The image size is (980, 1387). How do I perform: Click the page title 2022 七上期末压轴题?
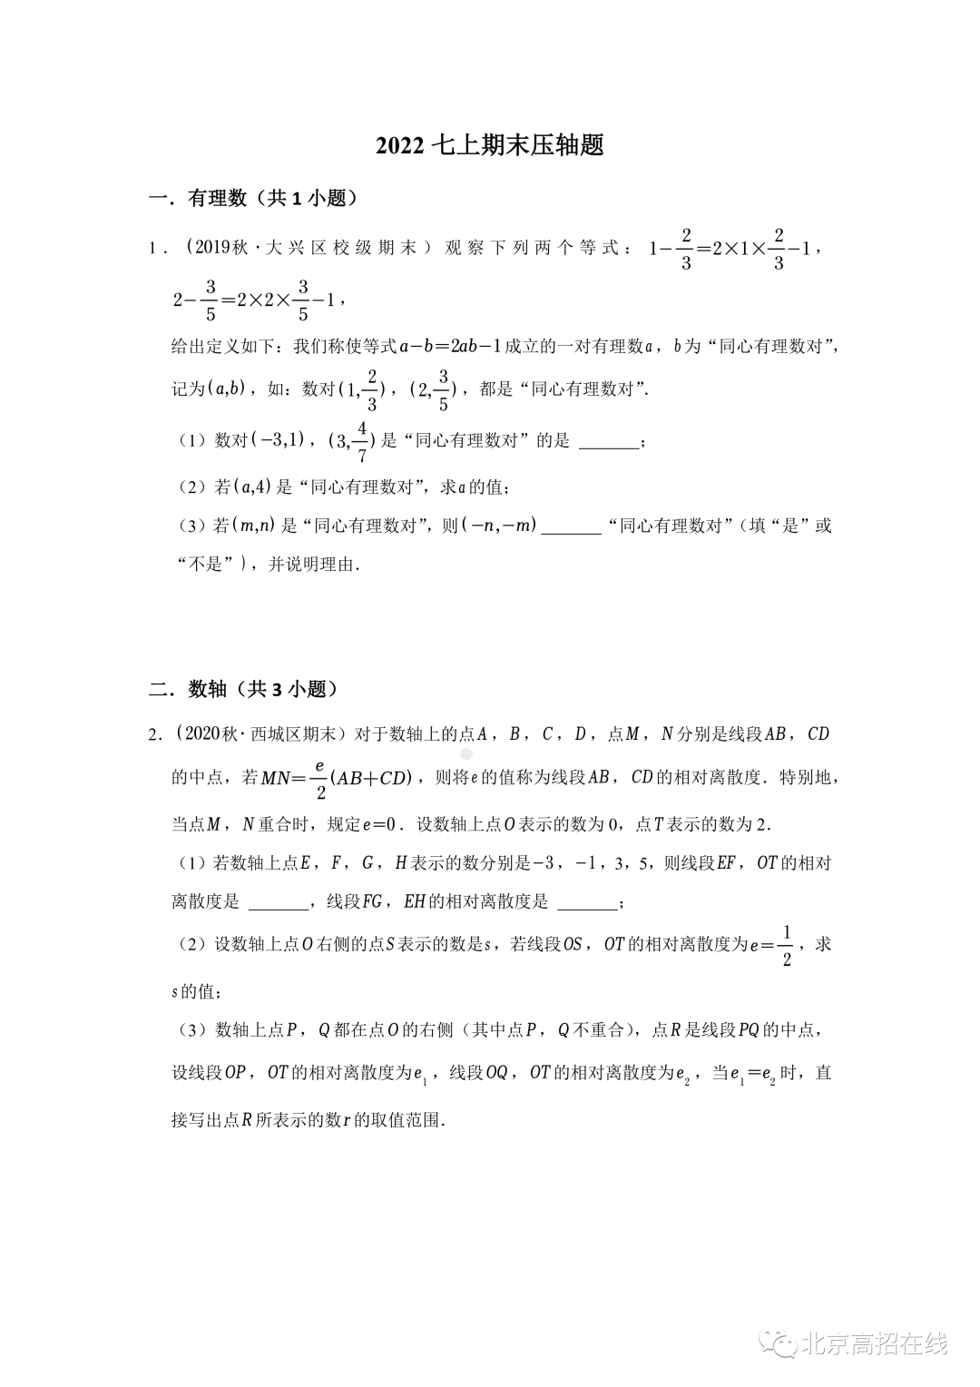tap(490, 145)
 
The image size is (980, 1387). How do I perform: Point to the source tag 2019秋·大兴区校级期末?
tap(299, 247)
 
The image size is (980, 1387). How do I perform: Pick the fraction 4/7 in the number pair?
tap(362, 441)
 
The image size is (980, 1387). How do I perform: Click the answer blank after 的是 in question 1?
tap(608, 442)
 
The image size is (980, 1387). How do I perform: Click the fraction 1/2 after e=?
tap(786, 946)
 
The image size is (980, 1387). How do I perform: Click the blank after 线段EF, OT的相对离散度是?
tap(278, 903)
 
